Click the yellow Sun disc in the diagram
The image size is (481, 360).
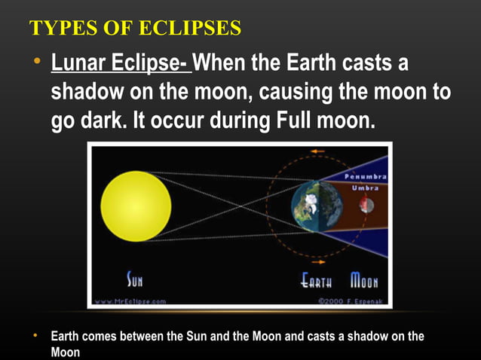pos(136,206)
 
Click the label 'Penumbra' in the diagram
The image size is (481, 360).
pos(366,176)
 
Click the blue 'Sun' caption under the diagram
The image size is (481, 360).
pos(134,282)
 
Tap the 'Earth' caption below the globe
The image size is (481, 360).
pos(317,282)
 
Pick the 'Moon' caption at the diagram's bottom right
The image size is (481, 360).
pos(364,282)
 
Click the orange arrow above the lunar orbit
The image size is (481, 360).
pos(317,151)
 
